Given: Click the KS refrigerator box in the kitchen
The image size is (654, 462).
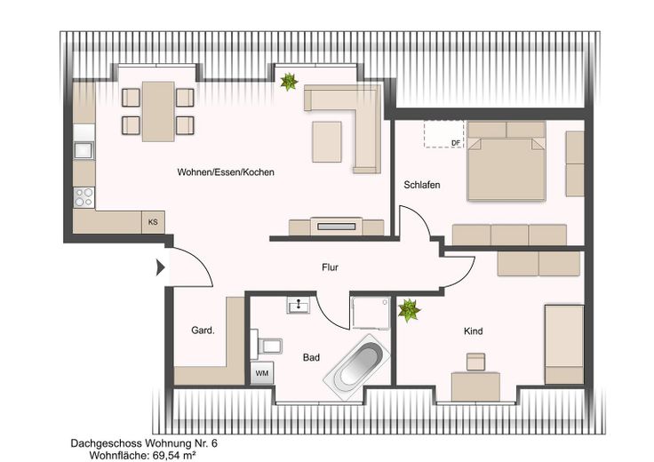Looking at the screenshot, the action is point(153,222).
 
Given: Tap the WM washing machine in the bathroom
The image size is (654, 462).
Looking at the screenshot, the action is point(262,373).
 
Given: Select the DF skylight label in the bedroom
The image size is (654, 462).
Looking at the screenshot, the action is point(457,143).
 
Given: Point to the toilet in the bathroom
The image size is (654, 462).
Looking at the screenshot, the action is point(266,345).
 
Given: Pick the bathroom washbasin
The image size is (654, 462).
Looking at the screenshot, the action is point(299,306).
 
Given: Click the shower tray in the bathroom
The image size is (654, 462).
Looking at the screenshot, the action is point(371,313).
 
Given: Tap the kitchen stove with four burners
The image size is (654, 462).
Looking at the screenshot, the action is point(84,197).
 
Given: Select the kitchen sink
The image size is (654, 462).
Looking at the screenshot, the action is point(84,150).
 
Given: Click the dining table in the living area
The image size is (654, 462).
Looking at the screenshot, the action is point(158,111).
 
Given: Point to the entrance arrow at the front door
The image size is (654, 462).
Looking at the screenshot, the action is point(161,267).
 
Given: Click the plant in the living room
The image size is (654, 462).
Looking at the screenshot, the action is point(289,82).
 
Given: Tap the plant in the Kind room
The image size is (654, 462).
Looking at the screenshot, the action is point(409,310).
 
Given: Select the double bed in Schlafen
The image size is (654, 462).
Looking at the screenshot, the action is point(506,161).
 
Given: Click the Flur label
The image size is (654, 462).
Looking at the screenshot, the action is point(330,267).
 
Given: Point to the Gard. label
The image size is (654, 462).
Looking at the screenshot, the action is point(203,331).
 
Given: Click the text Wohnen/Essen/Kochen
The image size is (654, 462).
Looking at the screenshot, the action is point(226,171).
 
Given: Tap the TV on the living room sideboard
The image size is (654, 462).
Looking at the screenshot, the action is point(336,227).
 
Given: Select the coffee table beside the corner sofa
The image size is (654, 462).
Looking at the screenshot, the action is point(327,142).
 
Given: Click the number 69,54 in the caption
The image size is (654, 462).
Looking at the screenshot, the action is point(163,455).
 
